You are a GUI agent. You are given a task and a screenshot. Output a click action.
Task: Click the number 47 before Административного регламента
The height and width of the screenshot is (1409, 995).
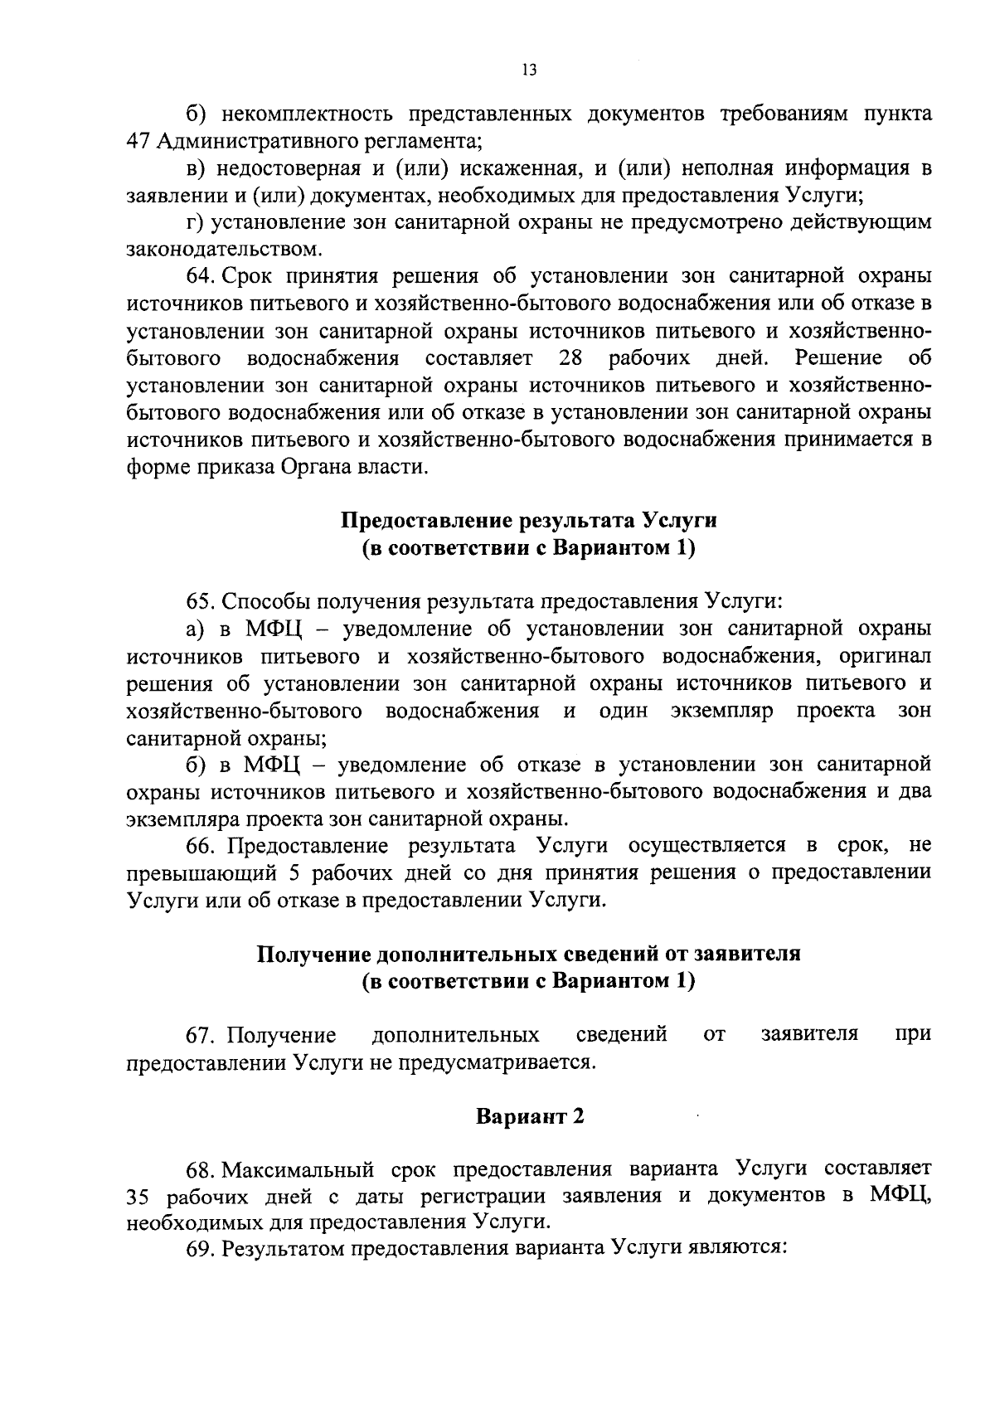point(137,142)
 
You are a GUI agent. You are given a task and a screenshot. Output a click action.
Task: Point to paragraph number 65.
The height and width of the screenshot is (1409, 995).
point(201,601)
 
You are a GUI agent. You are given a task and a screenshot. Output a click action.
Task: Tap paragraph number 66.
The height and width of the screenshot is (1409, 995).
point(201,846)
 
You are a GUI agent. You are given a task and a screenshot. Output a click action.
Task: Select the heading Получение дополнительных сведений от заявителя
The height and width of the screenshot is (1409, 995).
point(529,954)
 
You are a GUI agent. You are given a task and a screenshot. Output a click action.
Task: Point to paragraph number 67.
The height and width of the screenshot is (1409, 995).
point(201,1035)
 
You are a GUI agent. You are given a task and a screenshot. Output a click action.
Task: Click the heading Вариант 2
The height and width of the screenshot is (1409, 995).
point(529,1116)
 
